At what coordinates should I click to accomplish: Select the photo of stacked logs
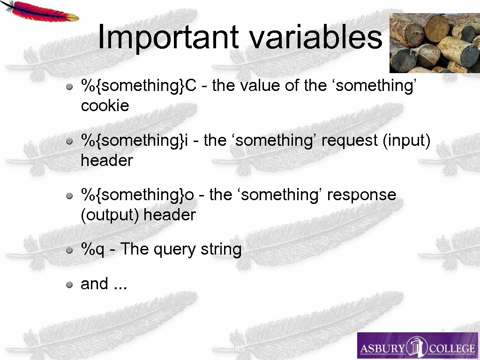click(x=435, y=43)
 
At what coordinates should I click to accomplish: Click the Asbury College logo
click(x=417, y=346)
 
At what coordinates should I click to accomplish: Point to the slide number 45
click(x=240, y=349)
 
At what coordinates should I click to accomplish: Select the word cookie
click(x=105, y=106)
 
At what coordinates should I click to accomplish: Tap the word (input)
click(x=406, y=141)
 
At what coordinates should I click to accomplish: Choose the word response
click(x=361, y=195)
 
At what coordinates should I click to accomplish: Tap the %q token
click(x=93, y=249)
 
